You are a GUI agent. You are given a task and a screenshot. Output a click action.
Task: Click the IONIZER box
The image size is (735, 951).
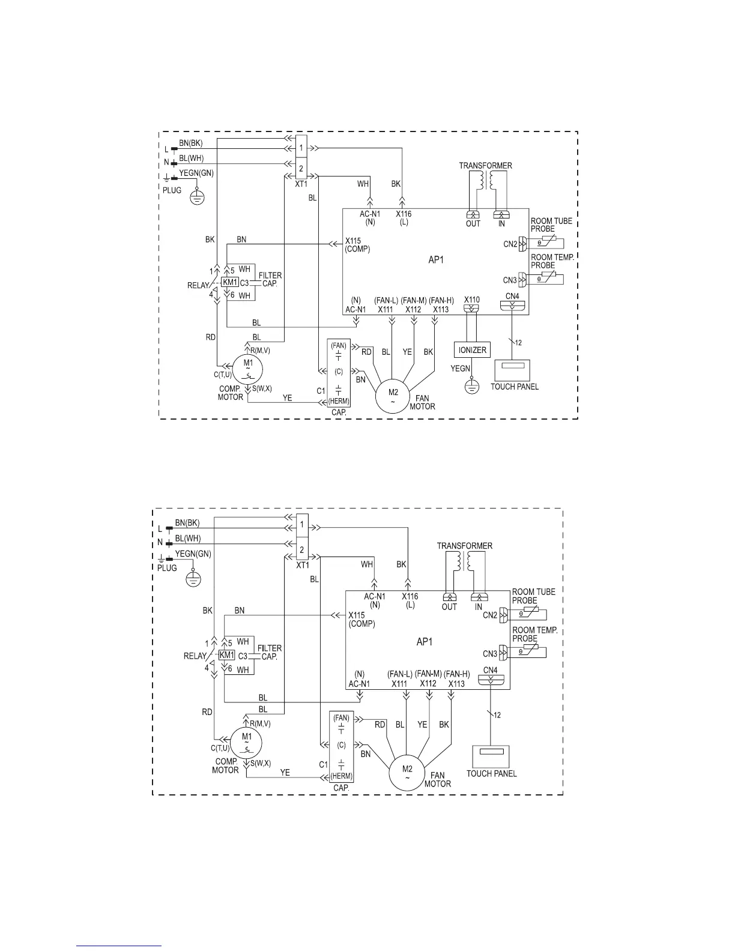point(472,350)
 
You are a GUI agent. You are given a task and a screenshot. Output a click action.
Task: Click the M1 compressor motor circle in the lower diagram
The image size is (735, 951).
point(246,739)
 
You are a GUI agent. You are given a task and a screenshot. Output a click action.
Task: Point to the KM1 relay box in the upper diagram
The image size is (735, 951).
point(230,282)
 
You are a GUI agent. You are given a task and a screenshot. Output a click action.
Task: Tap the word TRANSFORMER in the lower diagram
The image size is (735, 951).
point(464,546)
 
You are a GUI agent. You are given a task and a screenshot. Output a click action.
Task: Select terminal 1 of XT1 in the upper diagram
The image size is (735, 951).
point(301,148)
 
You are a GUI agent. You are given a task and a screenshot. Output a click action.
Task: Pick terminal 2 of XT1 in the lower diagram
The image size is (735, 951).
point(302,549)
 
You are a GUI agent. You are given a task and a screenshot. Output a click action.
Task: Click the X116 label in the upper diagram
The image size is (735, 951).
point(404,214)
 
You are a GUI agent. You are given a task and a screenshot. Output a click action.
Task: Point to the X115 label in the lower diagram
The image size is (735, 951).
point(357,615)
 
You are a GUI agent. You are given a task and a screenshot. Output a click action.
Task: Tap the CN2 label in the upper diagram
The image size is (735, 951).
point(510,244)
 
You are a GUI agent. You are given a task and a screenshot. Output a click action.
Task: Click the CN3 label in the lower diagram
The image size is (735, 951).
point(490,654)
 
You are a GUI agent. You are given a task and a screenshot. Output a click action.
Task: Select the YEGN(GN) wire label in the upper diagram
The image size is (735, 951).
point(196,173)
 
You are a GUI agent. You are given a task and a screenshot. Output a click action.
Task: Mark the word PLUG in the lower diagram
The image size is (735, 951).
point(168,567)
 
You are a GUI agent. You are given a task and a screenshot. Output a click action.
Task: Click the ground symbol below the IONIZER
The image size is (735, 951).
point(472,387)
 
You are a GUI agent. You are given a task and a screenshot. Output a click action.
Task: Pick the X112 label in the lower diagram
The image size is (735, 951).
point(428,683)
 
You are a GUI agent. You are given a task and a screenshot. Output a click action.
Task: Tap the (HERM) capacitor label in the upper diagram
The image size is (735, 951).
point(339,402)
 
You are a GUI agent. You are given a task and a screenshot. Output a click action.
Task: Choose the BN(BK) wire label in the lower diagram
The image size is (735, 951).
point(187,522)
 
